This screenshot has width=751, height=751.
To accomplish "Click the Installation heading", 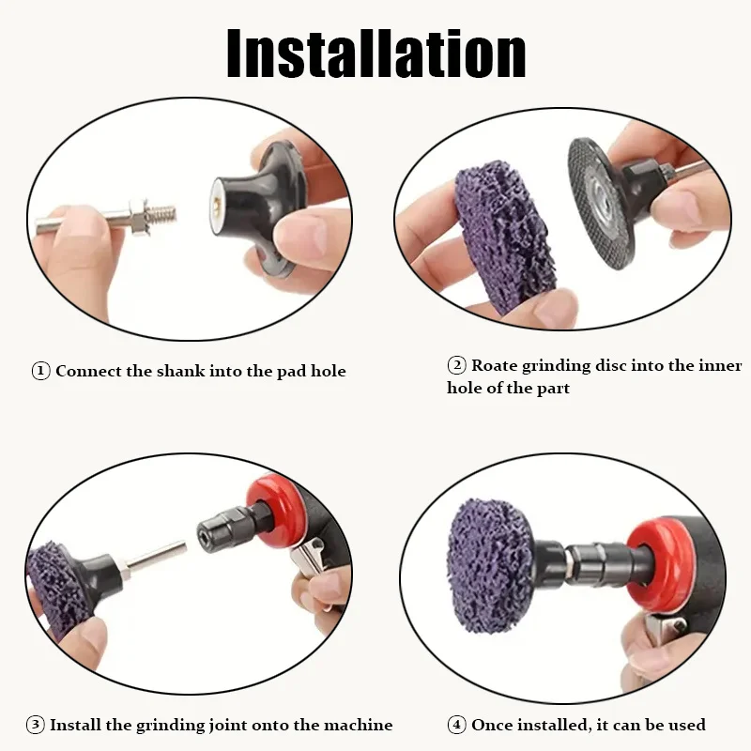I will coord(375,54).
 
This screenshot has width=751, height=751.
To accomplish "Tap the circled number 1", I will coord(40,371).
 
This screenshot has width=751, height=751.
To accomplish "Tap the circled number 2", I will coord(456,366).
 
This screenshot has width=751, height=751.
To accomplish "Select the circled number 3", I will coord(35,725).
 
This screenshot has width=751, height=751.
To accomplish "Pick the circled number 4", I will coord(456,725).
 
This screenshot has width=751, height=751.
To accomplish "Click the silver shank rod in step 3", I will coord(150,560).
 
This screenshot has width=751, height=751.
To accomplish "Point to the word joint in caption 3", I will coord(223,725).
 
